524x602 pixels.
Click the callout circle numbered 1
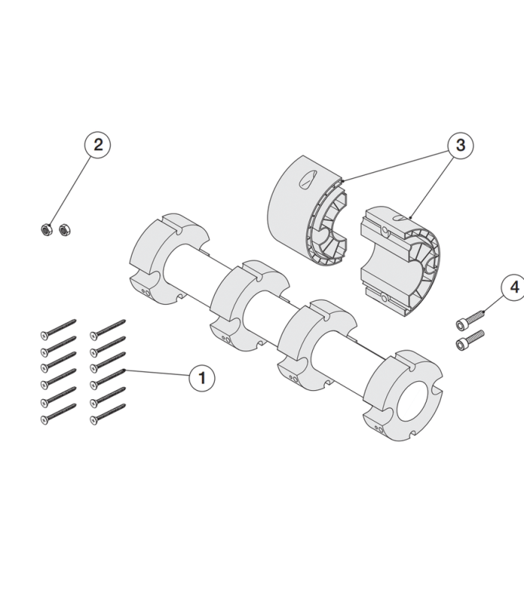pyautogui.click(x=202, y=378)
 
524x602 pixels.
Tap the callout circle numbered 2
pyautogui.click(x=97, y=145)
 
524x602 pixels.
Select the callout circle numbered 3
pyautogui.click(x=460, y=145)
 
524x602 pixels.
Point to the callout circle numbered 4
pyautogui.click(x=514, y=288)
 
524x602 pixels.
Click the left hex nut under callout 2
pyautogui.click(x=46, y=230)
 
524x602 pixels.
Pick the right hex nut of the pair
pyautogui.click(x=65, y=230)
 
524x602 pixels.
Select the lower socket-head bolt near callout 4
pyautogui.click(x=470, y=340)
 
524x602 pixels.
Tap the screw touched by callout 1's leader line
pyautogui.click(x=108, y=377)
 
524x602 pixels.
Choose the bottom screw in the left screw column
pyautogui.click(x=58, y=414)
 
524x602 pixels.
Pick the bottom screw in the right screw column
pyautogui.click(x=108, y=414)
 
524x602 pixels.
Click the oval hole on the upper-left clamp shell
pyautogui.click(x=308, y=179)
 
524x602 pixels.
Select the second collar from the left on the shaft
pyautogui.click(x=249, y=306)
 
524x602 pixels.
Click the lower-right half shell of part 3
pyautogui.click(x=400, y=262)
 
